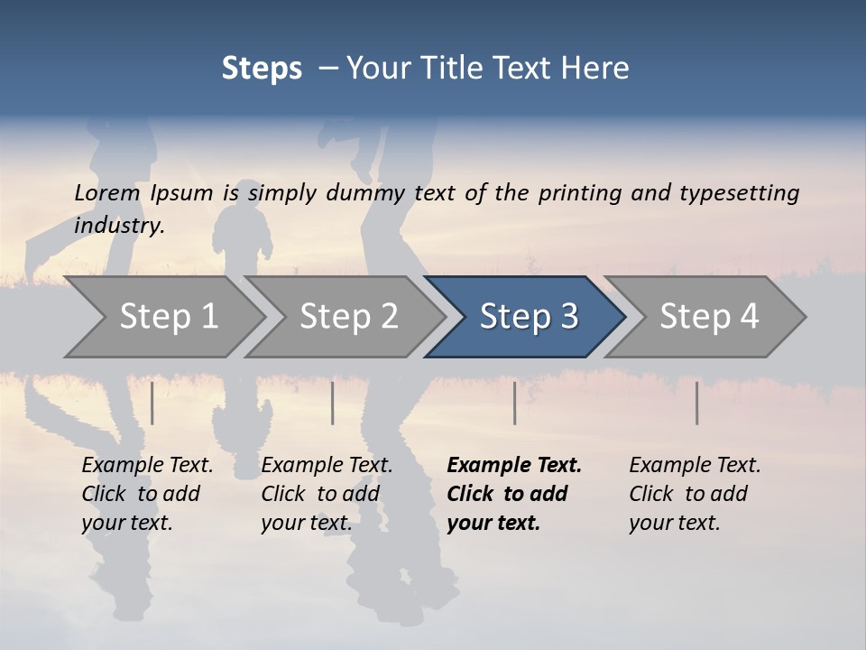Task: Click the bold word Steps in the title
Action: (x=262, y=69)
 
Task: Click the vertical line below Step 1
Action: (x=152, y=403)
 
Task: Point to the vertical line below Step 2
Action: (x=333, y=403)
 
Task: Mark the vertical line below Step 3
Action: (x=514, y=403)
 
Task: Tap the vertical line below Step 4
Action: (x=696, y=403)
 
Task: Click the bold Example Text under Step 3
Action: (x=514, y=494)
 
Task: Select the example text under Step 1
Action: (x=147, y=494)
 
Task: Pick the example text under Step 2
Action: (x=327, y=494)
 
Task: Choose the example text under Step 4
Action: (x=695, y=494)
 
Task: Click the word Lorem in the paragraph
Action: (x=106, y=193)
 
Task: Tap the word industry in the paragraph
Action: (x=119, y=226)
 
